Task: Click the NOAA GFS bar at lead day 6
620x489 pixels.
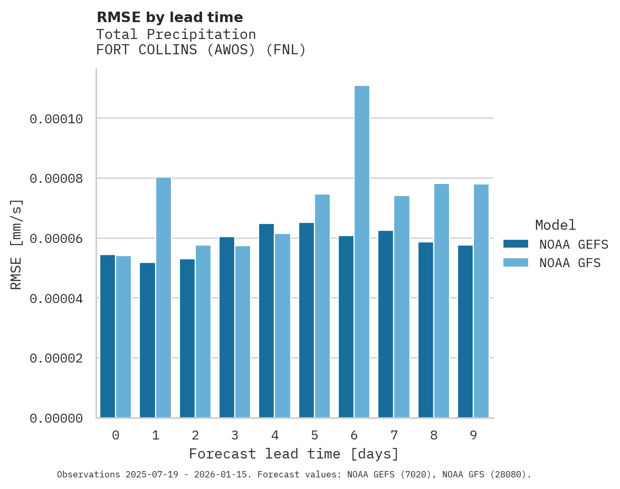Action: pyautogui.click(x=362, y=252)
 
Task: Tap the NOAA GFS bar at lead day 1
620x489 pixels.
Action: pyautogui.click(x=164, y=298)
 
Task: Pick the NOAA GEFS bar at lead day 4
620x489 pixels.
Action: pyautogui.click(x=266, y=321)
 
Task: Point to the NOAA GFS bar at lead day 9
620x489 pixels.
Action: pyautogui.click(x=481, y=301)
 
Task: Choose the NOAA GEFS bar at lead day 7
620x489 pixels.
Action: pyautogui.click(x=386, y=324)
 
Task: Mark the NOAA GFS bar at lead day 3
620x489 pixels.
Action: pyautogui.click(x=243, y=332)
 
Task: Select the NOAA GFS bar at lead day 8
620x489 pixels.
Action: pyautogui.click(x=442, y=301)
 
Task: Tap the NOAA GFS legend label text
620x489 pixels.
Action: pyautogui.click(x=570, y=263)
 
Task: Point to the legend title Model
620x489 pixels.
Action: pyautogui.click(x=555, y=225)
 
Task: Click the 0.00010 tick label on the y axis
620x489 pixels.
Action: pyautogui.click(x=56, y=119)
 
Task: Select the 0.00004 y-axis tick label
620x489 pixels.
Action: pyautogui.click(x=56, y=299)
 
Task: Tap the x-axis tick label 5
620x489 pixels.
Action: pyautogui.click(x=314, y=436)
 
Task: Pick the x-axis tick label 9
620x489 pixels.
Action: pyautogui.click(x=473, y=436)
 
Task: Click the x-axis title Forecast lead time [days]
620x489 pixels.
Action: pyautogui.click(x=294, y=454)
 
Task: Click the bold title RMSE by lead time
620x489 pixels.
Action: pyautogui.click(x=169, y=17)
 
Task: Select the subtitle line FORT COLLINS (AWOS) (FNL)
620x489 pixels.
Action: pyautogui.click(x=201, y=51)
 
